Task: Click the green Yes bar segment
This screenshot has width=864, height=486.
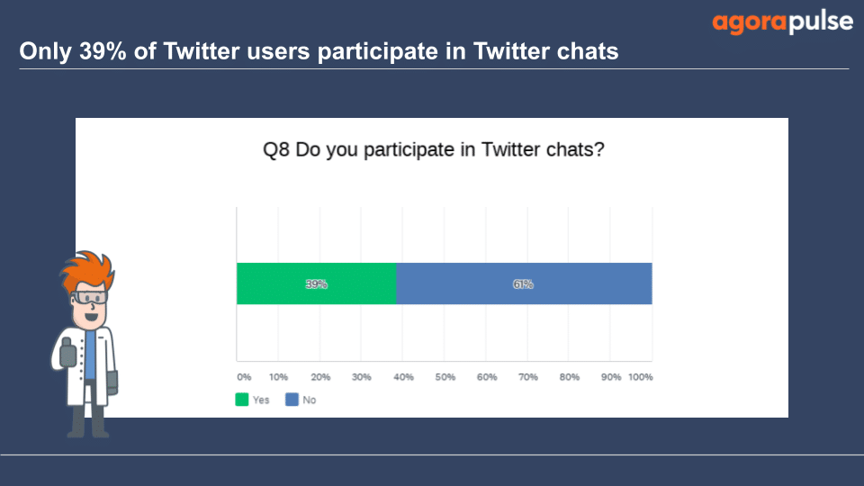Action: click(x=316, y=283)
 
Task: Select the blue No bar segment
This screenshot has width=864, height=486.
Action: click(x=524, y=283)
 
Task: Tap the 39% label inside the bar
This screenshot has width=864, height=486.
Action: click(x=316, y=284)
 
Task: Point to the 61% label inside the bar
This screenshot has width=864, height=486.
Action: click(x=523, y=284)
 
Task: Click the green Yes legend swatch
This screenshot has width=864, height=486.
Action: click(x=241, y=400)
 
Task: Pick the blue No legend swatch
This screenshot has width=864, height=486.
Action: click(x=292, y=400)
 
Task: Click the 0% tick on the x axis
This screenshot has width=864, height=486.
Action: click(x=244, y=377)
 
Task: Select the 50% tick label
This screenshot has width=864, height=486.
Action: click(x=445, y=377)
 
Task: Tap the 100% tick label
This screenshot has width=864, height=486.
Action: click(x=640, y=377)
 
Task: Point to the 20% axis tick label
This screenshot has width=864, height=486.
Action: click(x=320, y=377)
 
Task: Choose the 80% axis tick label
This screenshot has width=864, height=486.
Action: click(x=569, y=377)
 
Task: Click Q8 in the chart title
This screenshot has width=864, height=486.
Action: click(x=276, y=150)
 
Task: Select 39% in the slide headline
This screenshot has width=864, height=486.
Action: click(x=103, y=51)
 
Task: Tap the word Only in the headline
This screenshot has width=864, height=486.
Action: click(x=46, y=52)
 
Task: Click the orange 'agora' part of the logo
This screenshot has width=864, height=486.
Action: click(x=750, y=23)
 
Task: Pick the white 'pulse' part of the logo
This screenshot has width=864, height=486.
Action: click(x=821, y=22)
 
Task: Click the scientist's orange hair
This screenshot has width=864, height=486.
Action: click(x=87, y=269)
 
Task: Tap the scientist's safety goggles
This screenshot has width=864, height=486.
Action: click(x=89, y=298)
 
